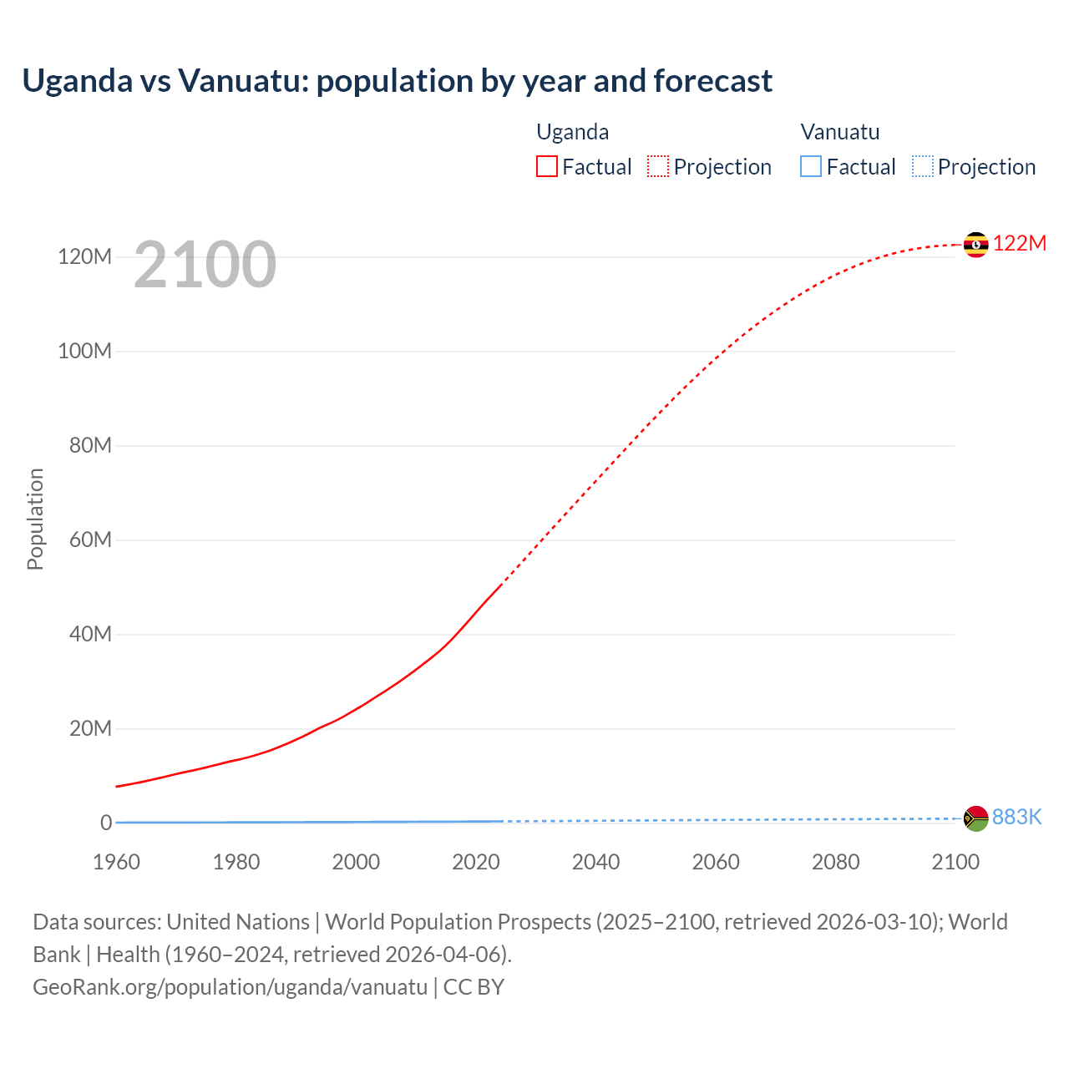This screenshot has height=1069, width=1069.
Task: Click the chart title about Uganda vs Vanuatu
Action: click(397, 81)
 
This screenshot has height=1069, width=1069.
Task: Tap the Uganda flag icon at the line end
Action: click(975, 245)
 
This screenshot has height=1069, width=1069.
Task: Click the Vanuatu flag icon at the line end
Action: click(975, 818)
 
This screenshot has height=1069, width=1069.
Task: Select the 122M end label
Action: click(1019, 243)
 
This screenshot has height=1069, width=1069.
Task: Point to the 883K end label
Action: click(1016, 817)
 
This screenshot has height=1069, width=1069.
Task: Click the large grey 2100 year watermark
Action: click(205, 265)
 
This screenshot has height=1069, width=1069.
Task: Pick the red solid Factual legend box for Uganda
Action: click(547, 166)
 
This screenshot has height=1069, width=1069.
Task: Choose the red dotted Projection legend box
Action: click(658, 166)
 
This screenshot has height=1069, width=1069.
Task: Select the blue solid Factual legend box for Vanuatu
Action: click(811, 166)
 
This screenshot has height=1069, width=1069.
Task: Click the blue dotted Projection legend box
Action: click(922, 166)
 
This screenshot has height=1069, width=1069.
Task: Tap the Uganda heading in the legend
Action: click(572, 132)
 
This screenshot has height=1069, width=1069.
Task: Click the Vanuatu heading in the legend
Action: click(839, 132)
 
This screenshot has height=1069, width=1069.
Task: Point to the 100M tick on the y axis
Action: click(84, 351)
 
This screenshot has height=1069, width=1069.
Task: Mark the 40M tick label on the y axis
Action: click(90, 634)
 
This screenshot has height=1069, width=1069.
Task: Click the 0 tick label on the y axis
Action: click(106, 823)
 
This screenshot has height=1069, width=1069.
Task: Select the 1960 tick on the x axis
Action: click(116, 862)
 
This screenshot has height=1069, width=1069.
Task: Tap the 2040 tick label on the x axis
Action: click(595, 862)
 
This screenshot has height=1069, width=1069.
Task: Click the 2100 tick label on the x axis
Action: click(955, 862)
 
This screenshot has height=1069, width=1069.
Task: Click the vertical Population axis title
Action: click(35, 519)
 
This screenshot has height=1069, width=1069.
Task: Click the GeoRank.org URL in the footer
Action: click(230, 986)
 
